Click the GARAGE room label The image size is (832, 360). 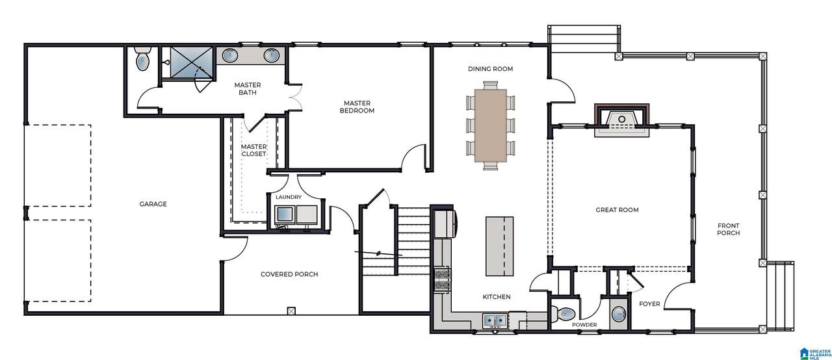point(153,204)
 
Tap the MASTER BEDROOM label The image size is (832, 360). point(357,107)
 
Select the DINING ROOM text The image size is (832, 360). point(490,69)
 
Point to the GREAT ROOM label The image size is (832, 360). point(617,210)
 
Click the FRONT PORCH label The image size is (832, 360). point(728,229)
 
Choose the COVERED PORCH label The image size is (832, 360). point(289,274)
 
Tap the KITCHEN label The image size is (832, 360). point(496,296)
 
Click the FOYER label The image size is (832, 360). point(649,304)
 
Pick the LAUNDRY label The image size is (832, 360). point(289,197)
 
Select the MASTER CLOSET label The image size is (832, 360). point(253,150)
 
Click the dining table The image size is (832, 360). point(491,125)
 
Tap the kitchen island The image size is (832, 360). point(500,246)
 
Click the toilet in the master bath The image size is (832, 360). point(142,58)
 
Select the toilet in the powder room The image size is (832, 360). point(563,314)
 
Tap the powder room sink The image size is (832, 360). point(619,315)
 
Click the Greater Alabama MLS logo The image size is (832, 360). point(815,354)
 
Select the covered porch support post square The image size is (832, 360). point(292,311)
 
